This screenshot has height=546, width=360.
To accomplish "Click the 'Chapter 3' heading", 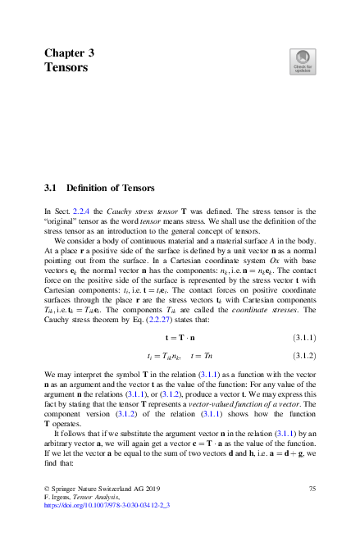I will (69, 52).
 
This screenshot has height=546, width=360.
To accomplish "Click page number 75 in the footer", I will (312, 488).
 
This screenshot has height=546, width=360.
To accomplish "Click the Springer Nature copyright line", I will (99, 488).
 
